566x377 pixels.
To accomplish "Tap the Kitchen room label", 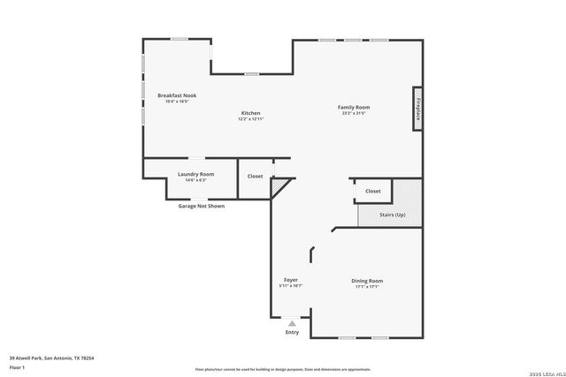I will click(x=251, y=112).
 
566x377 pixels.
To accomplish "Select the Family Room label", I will click(x=353, y=107).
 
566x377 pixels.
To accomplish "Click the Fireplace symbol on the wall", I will click(x=417, y=109).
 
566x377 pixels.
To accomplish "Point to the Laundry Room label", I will click(x=195, y=174).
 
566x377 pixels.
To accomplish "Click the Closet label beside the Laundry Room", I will click(x=255, y=176).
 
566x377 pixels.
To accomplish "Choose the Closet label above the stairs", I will click(x=373, y=191).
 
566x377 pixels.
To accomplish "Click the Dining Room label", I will click(x=367, y=281).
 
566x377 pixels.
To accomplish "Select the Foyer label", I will click(x=290, y=280).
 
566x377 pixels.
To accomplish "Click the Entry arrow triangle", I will click(x=292, y=323).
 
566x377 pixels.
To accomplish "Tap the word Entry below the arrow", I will click(x=292, y=333).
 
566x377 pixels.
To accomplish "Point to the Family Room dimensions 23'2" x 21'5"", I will click(x=353, y=113).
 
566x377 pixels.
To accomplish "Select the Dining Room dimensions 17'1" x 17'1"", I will click(x=367, y=286).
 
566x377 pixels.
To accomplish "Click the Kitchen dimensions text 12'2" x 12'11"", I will click(x=251, y=118).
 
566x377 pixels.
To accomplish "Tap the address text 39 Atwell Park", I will click(x=51, y=358).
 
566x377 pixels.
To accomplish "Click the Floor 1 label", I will click(x=18, y=366).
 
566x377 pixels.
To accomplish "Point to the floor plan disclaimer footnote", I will click(x=283, y=369).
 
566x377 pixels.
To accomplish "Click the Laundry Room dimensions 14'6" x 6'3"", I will click(x=195, y=180).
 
